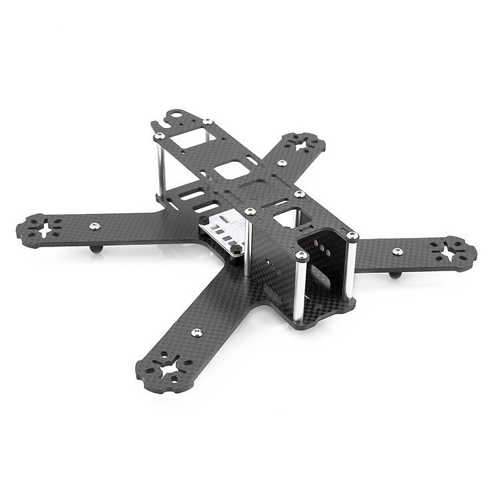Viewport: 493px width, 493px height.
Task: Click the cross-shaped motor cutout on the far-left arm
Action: (x=46, y=229)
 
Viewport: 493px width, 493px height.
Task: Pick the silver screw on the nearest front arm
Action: (x=195, y=331)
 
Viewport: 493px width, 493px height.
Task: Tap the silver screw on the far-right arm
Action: (x=397, y=250)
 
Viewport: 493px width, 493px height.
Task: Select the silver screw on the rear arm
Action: (x=282, y=162)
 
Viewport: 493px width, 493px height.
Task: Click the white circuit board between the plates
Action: (x=227, y=231)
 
